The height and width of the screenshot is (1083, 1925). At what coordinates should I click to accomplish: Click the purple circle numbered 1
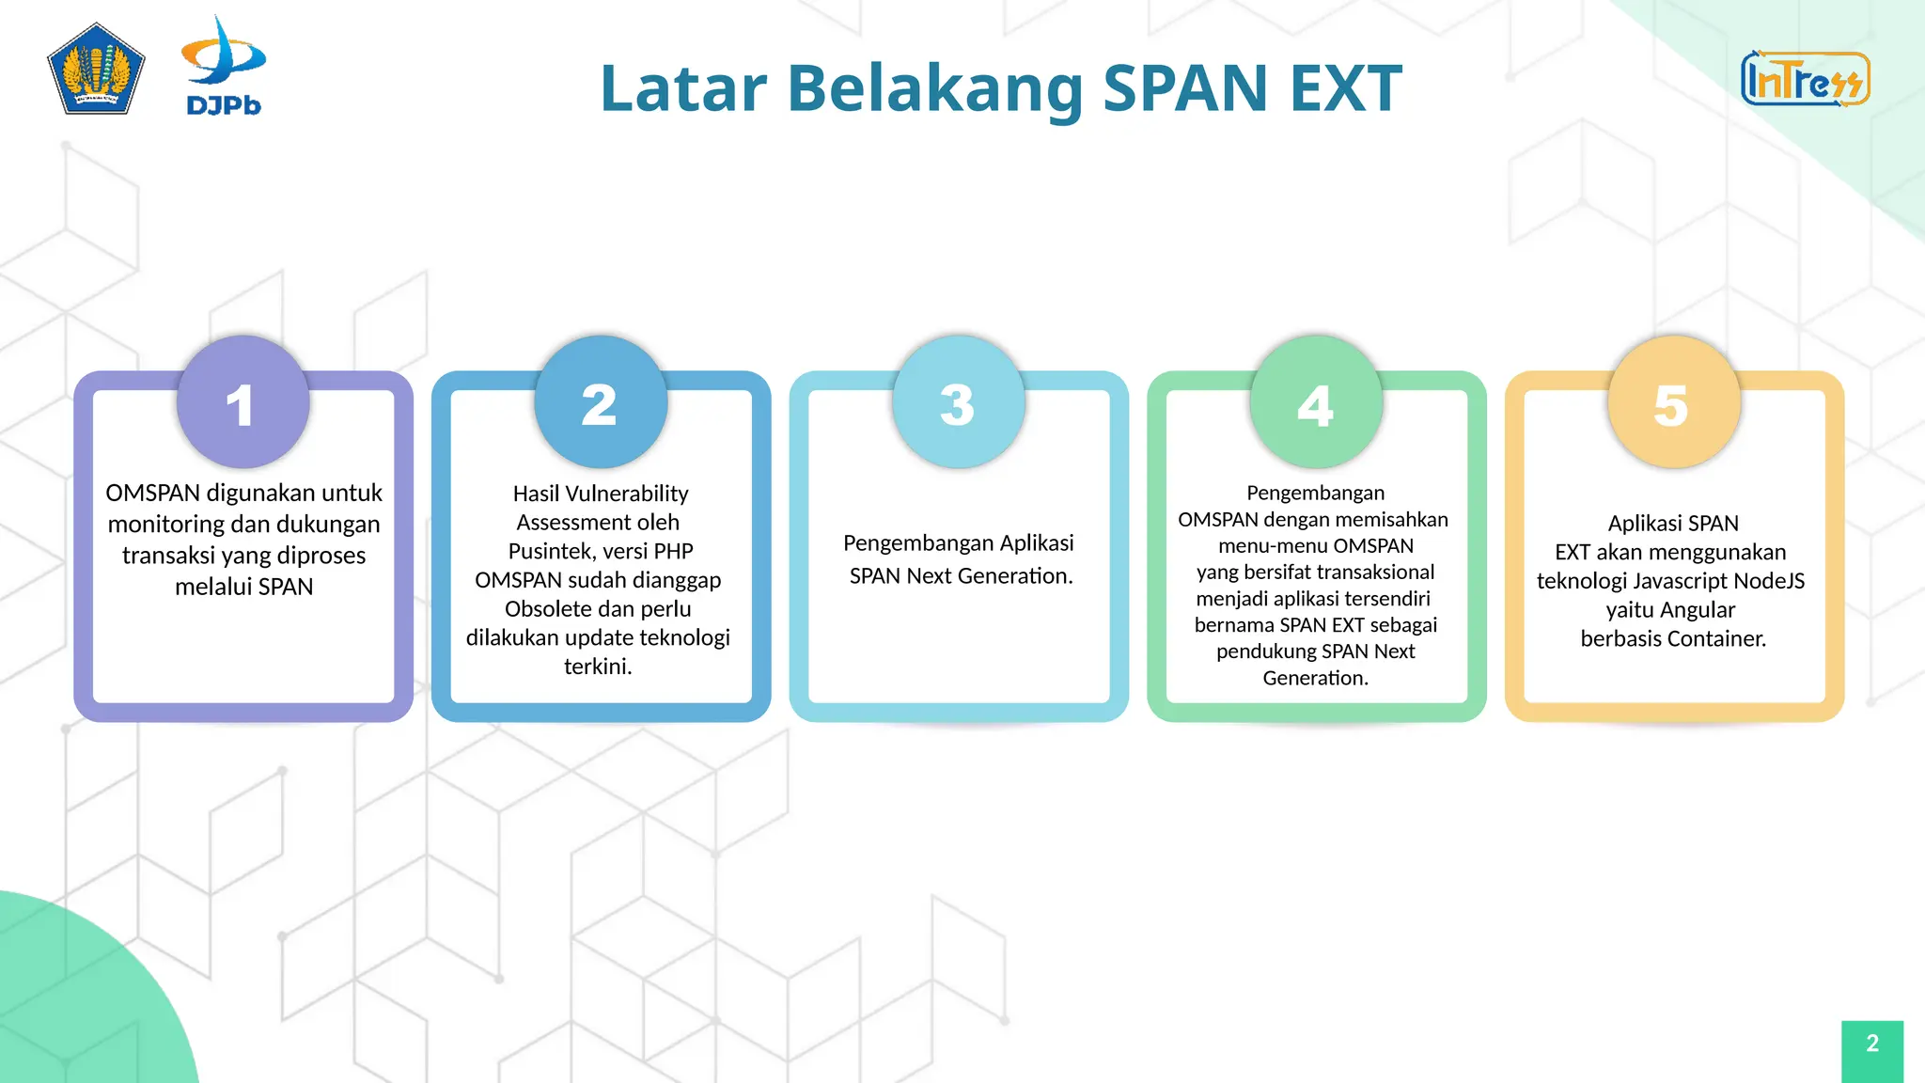pos(243,402)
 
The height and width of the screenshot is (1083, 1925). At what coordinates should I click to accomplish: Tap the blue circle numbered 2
pos(601,402)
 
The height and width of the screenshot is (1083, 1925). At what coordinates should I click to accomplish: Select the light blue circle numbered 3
pos(958,402)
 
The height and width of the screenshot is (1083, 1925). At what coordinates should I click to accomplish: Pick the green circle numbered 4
pos(1316,402)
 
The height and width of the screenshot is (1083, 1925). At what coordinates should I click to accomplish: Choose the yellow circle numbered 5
pos(1673,402)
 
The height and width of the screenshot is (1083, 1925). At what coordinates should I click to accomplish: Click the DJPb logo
pos(224,66)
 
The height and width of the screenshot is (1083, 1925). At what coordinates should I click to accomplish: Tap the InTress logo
pos(1805,79)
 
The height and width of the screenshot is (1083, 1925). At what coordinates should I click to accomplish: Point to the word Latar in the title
pos(683,88)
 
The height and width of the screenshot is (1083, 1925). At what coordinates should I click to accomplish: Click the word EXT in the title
pos(1346,88)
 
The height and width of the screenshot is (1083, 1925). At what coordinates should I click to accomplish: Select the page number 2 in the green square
pos(1871,1044)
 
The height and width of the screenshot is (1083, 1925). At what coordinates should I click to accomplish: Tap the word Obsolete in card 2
pos(549,609)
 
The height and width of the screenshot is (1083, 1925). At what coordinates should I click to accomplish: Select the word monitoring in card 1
pos(165,524)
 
